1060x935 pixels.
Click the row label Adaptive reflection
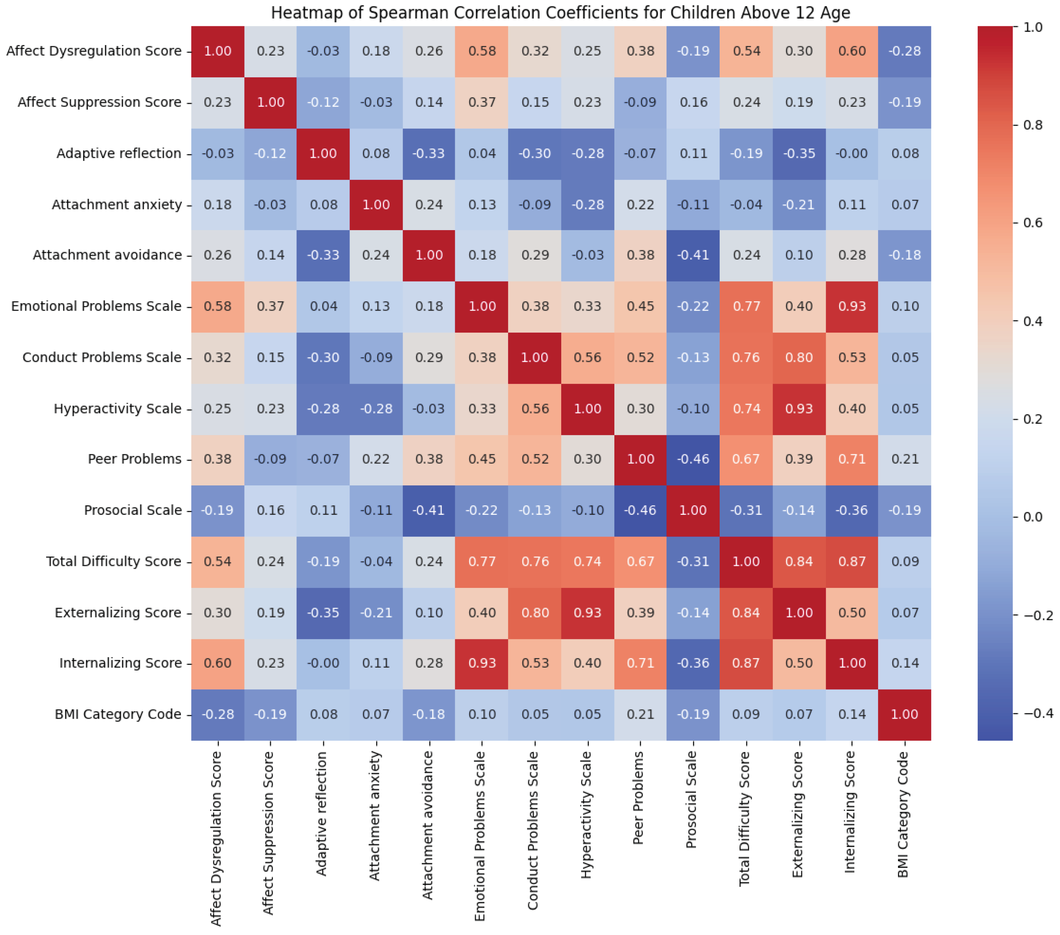click(x=119, y=154)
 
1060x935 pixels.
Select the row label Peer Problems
click(x=134, y=459)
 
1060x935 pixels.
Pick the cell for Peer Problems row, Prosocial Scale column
click(x=693, y=459)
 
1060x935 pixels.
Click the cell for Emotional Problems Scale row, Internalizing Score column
click(x=852, y=306)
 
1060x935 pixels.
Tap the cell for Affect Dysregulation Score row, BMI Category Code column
click(x=905, y=51)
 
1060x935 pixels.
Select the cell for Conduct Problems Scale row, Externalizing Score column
click(x=799, y=357)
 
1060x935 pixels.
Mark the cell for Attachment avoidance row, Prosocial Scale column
click(x=693, y=255)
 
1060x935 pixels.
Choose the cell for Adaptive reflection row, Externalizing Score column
click(x=799, y=154)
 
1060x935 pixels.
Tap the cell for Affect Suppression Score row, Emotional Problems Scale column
click(x=482, y=102)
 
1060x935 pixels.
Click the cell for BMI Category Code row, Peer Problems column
click(x=641, y=714)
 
